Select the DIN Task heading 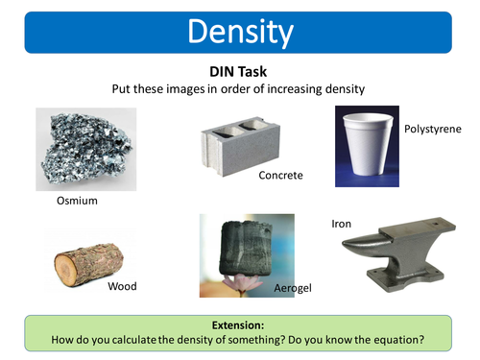click(240, 72)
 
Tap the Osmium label click(77, 202)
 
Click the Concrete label click(280, 176)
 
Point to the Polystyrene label click(432, 128)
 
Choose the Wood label click(122, 286)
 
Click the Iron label click(342, 224)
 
